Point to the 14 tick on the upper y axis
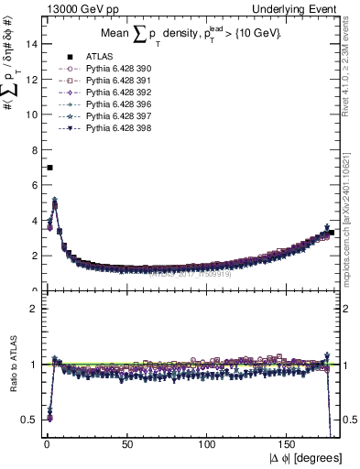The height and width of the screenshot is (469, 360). click(32, 43)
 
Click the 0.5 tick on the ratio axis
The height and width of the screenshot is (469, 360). click(29, 419)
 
